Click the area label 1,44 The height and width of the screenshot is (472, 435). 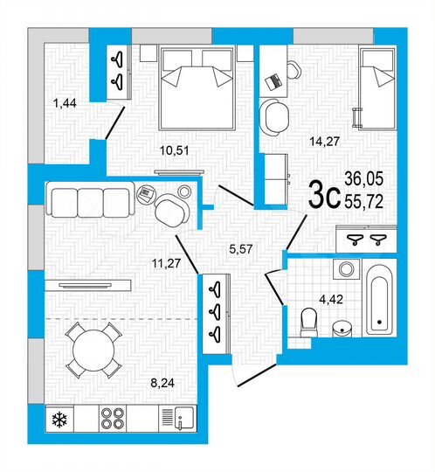coord(65,104)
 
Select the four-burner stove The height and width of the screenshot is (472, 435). coord(114,418)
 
